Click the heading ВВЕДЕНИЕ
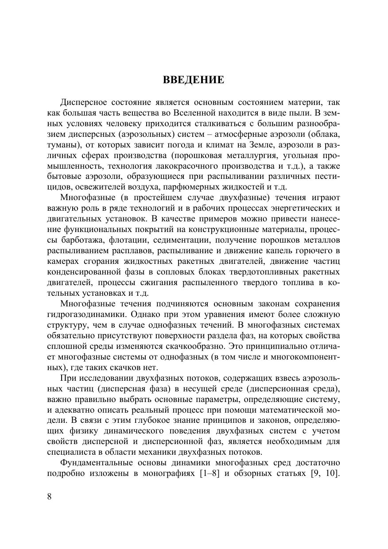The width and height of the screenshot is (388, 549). (194, 80)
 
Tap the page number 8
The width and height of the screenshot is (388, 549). (49, 496)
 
